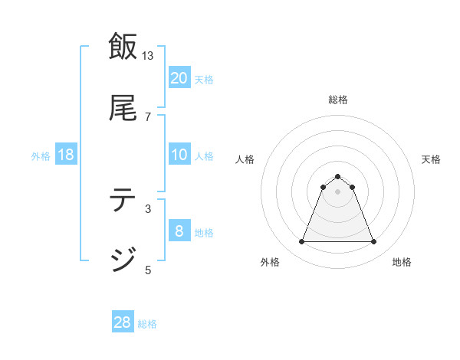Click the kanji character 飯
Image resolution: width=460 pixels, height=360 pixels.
[123, 47]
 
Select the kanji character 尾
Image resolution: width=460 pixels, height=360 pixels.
[123, 108]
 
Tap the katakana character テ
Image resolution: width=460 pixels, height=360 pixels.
[123, 200]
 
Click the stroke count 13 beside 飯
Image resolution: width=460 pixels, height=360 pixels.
[148, 56]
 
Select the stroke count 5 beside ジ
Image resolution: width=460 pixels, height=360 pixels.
[148, 270]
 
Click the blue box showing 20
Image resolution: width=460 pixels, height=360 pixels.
[179, 78]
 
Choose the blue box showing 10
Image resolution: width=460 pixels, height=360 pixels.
[179, 155]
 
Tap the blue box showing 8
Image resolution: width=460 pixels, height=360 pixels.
[179, 231]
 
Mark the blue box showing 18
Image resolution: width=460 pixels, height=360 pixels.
[66, 155]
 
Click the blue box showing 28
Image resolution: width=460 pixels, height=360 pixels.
[123, 322]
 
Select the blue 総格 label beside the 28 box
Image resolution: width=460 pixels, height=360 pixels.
[147, 324]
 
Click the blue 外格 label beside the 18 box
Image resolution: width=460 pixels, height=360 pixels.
[41, 156]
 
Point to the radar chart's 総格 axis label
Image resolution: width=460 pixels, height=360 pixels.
[338, 100]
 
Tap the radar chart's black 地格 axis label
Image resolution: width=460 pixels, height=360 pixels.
[402, 263]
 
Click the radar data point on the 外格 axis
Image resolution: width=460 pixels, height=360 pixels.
[301, 242]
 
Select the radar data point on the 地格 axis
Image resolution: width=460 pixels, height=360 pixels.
[374, 242]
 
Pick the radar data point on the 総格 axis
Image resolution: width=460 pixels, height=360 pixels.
[338, 176]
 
